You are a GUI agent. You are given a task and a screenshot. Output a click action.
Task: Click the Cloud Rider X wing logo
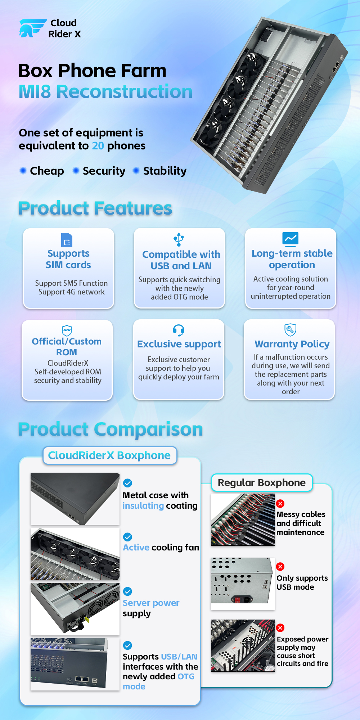(32, 28)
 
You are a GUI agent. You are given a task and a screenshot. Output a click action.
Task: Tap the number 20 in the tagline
(98, 146)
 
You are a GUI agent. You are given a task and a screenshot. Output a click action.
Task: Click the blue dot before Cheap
(23, 170)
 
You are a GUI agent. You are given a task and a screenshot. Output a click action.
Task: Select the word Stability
(165, 171)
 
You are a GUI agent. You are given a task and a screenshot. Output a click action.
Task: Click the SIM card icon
(67, 240)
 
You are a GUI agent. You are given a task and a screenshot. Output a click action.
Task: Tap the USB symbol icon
(179, 239)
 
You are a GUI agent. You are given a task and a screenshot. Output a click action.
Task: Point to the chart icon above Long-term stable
(290, 238)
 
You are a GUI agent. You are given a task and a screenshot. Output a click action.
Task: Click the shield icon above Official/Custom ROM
(67, 330)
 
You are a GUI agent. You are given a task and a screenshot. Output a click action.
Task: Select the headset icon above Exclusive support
(179, 330)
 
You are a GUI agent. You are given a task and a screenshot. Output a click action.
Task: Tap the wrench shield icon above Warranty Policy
(290, 329)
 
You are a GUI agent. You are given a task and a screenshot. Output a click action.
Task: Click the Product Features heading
(95, 208)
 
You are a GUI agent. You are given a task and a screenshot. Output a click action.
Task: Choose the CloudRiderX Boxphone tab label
(109, 455)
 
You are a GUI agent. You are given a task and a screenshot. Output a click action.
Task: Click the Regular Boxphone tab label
(262, 483)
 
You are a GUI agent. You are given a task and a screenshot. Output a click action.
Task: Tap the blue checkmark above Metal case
(127, 483)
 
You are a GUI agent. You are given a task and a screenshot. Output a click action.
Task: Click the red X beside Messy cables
(280, 503)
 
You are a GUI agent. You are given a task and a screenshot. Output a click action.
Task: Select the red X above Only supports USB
(280, 566)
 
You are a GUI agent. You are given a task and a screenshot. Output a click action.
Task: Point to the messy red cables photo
(243, 519)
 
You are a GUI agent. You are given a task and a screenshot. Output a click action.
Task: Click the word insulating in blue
(143, 506)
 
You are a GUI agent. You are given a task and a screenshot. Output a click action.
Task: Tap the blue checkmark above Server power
(127, 591)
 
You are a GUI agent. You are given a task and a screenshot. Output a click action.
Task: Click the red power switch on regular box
(237, 599)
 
